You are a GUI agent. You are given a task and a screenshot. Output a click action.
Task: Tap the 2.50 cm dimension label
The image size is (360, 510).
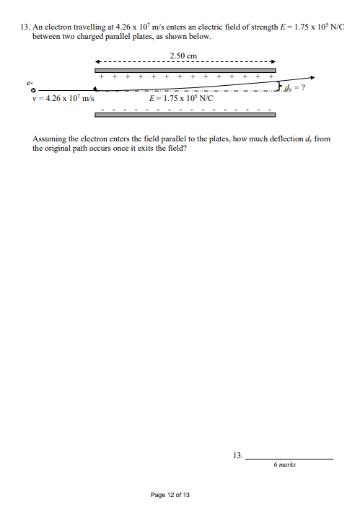(183, 55)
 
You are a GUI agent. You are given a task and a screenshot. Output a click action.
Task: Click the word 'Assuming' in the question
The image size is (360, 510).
(49, 137)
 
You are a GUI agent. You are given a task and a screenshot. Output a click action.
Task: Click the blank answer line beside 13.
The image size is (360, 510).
(289, 457)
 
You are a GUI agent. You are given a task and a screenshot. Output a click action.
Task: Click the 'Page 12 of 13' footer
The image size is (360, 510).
(170, 495)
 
